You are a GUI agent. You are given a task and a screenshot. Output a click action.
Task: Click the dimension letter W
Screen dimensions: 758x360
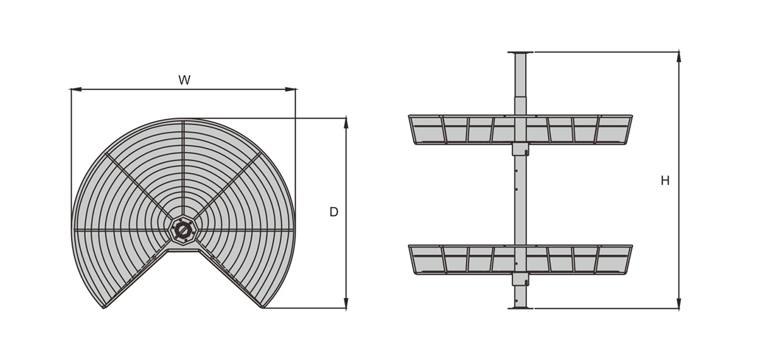[x=184, y=80]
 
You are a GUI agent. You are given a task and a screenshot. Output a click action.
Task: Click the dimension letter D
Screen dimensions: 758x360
[x=334, y=212]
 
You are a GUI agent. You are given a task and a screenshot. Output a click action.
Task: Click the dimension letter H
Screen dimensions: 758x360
[x=665, y=181]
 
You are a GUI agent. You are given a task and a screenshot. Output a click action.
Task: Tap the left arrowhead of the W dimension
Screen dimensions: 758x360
[x=75, y=89]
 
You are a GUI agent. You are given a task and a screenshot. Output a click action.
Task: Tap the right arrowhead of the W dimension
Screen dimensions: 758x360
[x=291, y=89]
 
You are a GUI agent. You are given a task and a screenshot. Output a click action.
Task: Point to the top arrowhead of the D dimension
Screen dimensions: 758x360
[x=346, y=123]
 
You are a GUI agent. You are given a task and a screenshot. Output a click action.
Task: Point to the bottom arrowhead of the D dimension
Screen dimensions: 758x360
[x=346, y=303]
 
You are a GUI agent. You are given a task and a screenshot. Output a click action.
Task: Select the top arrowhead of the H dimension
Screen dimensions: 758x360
[x=678, y=57]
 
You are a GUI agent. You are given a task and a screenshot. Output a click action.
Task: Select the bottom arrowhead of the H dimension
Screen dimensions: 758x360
[x=678, y=303]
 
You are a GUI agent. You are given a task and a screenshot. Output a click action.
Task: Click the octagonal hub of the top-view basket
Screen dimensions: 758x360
[x=184, y=230]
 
